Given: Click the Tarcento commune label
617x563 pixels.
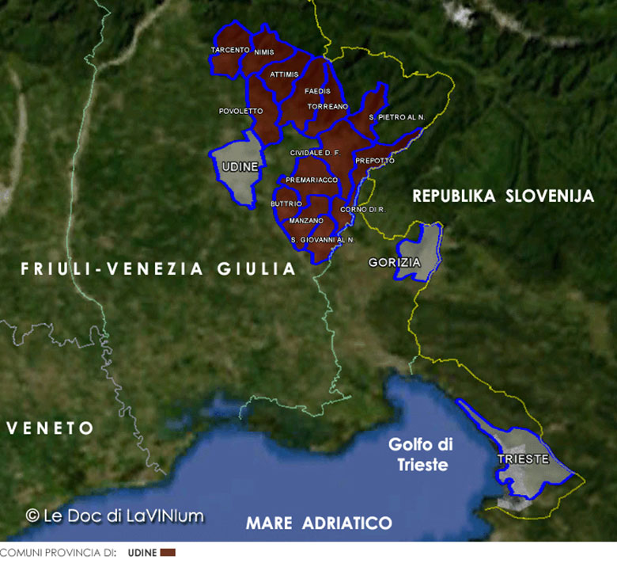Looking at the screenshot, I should tap(230, 50).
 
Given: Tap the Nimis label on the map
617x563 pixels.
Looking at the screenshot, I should tap(264, 52).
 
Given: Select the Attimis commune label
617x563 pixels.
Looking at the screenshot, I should tap(284, 74).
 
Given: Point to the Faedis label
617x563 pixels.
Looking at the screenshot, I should tap(317, 91).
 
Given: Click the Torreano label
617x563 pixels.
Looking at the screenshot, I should tap(327, 105).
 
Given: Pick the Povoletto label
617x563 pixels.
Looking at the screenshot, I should tap(240, 111).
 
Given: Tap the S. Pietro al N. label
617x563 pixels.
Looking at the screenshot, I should tap(397, 117).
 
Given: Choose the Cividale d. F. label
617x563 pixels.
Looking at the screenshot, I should tap(314, 152).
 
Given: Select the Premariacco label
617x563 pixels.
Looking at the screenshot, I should tap(312, 180).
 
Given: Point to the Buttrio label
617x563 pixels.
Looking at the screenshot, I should tap(286, 204).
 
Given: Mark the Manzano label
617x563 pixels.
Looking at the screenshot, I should tap(306, 220).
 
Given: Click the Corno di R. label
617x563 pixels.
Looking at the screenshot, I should tap(362, 209).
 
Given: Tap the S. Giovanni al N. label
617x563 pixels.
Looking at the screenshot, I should tap(322, 239).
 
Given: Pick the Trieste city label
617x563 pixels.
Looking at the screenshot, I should tap(523, 458).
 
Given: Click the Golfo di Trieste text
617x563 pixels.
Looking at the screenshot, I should tap(418, 455).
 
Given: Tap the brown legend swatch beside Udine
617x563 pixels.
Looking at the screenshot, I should tap(167, 552).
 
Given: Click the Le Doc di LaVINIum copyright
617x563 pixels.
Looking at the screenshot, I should tap(115, 515).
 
